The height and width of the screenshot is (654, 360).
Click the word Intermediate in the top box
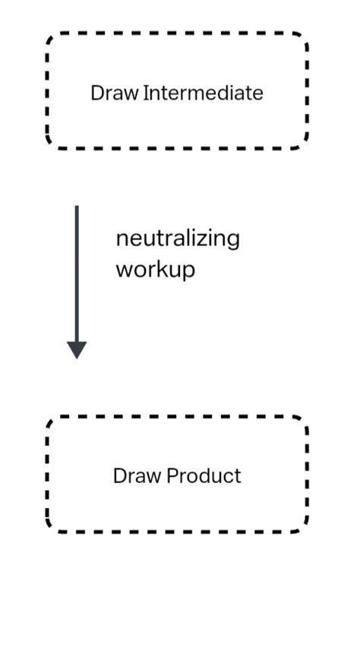pyautogui.click(x=203, y=93)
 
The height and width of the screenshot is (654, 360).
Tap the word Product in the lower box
pyautogui.click(x=204, y=476)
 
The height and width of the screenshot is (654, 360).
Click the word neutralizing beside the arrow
pyautogui.click(x=177, y=239)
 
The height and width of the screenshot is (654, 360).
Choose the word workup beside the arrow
pyautogui.click(x=155, y=270)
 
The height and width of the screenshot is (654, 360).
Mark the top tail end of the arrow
pyautogui.click(x=77, y=207)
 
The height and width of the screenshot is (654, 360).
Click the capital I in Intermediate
pyautogui.click(x=145, y=93)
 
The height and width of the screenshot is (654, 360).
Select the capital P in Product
pyautogui.click(x=172, y=476)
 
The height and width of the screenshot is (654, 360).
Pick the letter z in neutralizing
pyautogui.click(x=206, y=239)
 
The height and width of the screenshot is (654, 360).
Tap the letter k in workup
pyautogui.click(x=160, y=269)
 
